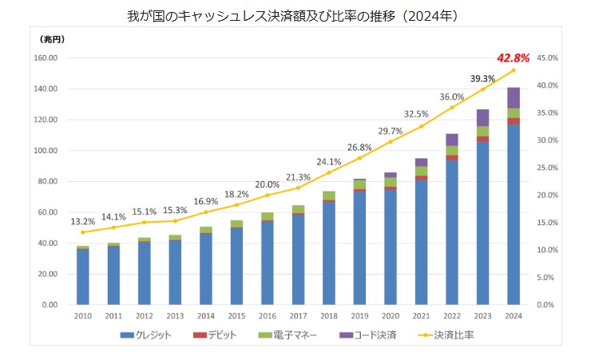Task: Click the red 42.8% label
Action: (x=513, y=58)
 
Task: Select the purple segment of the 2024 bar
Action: (x=514, y=97)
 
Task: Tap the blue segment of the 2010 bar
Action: (x=82, y=276)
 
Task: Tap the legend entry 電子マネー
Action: (x=293, y=335)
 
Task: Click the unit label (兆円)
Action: (x=51, y=38)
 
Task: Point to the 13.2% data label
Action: (x=82, y=221)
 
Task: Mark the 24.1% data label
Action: (x=329, y=161)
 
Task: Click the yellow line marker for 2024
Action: (x=514, y=70)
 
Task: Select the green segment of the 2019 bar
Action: (x=359, y=184)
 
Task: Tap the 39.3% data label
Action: (x=482, y=79)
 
